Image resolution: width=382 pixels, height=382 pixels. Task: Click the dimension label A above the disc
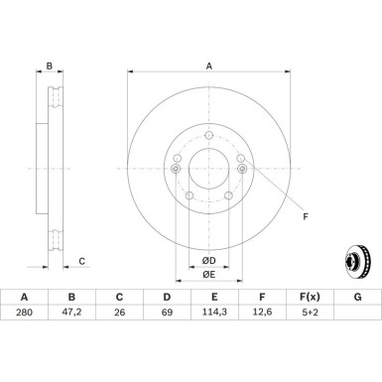208,66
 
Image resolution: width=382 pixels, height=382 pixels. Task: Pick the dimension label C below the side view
81,261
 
